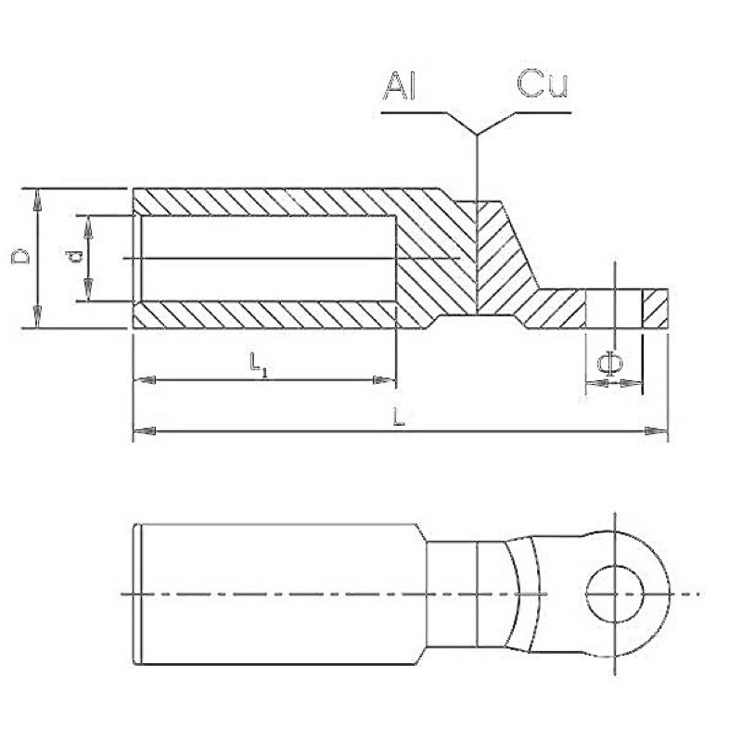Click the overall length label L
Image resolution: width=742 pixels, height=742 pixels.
pos(399,418)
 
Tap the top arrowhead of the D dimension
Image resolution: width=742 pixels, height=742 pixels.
pos(37,195)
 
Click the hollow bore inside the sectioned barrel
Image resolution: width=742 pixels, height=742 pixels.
pos(269,258)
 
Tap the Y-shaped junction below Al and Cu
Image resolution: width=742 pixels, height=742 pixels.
pos(477,129)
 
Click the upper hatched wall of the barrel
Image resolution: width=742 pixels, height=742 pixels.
pos(269,201)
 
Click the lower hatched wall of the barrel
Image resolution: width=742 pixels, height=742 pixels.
pos(269,314)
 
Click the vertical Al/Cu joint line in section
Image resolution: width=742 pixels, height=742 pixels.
pos(476,260)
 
